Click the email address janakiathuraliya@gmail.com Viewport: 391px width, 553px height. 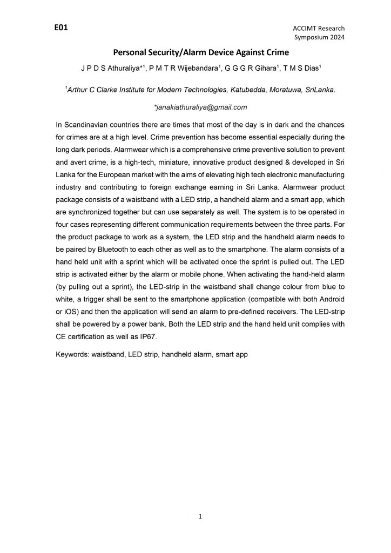(x=200, y=107)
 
